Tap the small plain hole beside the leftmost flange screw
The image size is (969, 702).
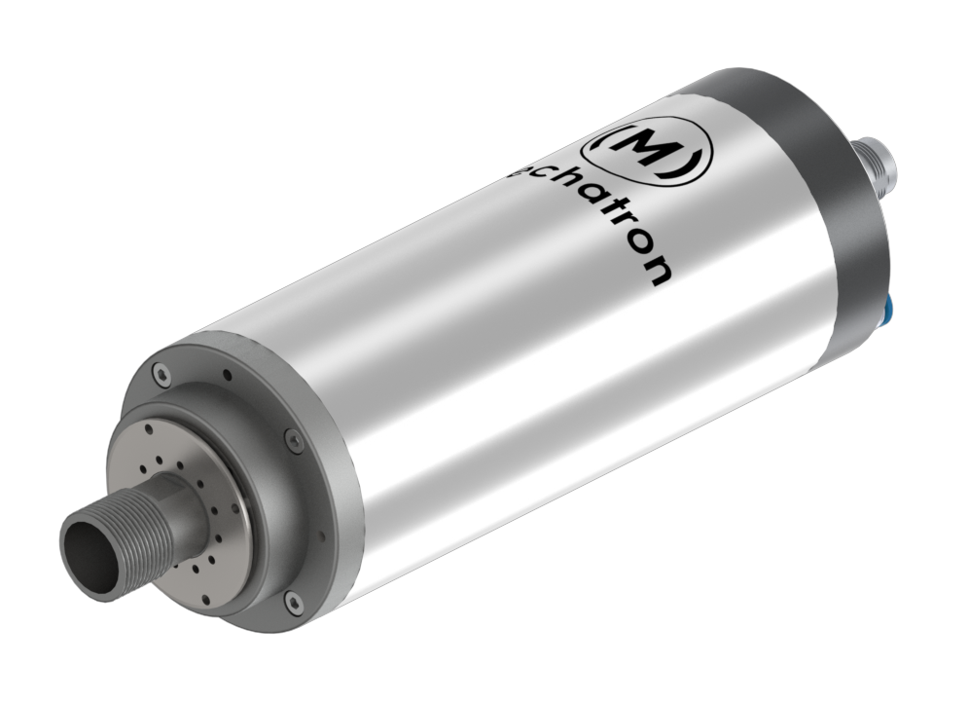pyautogui.click(x=227, y=372)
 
